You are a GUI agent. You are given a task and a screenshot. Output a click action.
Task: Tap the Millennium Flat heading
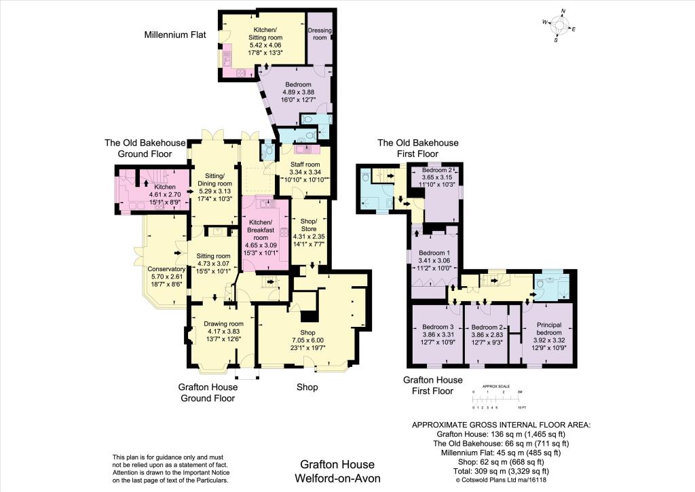click(x=175, y=35)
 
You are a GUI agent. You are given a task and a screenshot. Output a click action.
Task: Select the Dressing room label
click(x=320, y=34)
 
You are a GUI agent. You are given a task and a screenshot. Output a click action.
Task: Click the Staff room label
click(x=305, y=164)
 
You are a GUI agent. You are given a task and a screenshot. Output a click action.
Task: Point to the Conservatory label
click(x=166, y=269)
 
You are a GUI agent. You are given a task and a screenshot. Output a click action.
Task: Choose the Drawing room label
click(x=223, y=323)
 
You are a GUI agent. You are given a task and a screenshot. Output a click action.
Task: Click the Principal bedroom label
click(x=548, y=328)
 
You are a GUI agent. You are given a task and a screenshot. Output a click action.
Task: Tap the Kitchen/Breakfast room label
click(x=261, y=230)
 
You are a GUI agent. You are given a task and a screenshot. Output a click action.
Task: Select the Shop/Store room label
click(x=309, y=225)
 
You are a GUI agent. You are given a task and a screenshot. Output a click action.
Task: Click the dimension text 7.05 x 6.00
click(x=307, y=340)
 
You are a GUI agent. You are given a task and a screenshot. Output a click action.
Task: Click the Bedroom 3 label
click(x=438, y=327)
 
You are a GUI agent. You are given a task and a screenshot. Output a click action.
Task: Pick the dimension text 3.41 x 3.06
click(x=434, y=260)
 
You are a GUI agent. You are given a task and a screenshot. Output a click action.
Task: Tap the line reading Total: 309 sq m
click(x=501, y=471)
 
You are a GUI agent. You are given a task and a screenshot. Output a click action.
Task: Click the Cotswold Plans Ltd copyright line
click(x=501, y=480)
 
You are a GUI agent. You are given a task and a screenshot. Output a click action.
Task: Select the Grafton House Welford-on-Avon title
click(x=337, y=471)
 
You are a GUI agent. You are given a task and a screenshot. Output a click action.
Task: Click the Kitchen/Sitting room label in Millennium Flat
click(x=265, y=34)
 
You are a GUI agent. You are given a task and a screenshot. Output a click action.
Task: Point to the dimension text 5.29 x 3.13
click(x=214, y=191)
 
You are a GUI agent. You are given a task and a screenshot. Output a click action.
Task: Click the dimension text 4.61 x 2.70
click(x=165, y=194)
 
